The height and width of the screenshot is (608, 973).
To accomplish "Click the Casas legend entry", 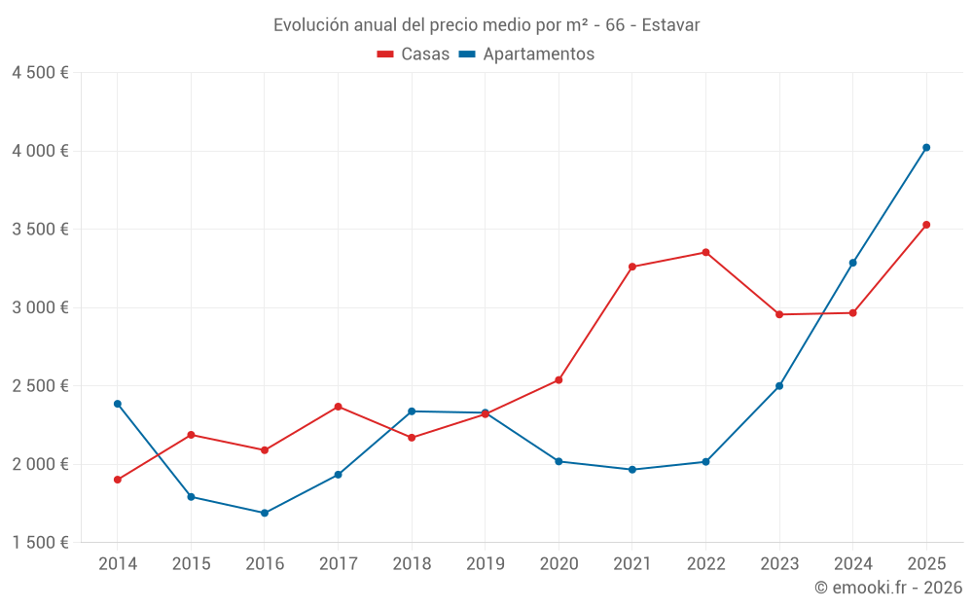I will pos(414,54).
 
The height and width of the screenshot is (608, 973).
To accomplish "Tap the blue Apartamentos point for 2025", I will pos(926,148).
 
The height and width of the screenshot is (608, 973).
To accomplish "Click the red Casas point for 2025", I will pos(926,225).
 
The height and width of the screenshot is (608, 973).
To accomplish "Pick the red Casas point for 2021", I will pos(632,267).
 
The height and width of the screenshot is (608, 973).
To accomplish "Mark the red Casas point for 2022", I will pos(705,252).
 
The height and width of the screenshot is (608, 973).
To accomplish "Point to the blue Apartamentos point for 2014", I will pos(118,404).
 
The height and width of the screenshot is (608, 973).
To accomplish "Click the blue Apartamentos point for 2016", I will pos(265,513).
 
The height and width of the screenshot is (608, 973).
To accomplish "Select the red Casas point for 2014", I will pos(118,480).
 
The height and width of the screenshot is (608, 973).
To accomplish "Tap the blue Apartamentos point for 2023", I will pos(779,386).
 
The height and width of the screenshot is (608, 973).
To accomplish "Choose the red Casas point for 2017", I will pos(338,407).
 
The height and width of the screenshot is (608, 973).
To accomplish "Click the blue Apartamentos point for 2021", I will pos(632,470).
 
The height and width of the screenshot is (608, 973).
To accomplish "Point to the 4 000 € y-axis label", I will pos(40,151).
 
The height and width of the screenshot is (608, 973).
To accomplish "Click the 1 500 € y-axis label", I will pos(40,543).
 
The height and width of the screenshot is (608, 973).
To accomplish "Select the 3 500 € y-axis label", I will pos(40,230).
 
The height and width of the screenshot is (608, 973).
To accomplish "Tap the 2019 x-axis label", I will pos(485,563).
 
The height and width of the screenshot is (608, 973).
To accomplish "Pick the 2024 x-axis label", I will pos(852,563).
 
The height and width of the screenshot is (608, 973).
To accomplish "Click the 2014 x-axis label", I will pos(118,563).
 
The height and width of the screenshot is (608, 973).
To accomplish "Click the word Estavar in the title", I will pos(671,25).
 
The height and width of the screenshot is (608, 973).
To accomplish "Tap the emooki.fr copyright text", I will pos(888,588).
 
